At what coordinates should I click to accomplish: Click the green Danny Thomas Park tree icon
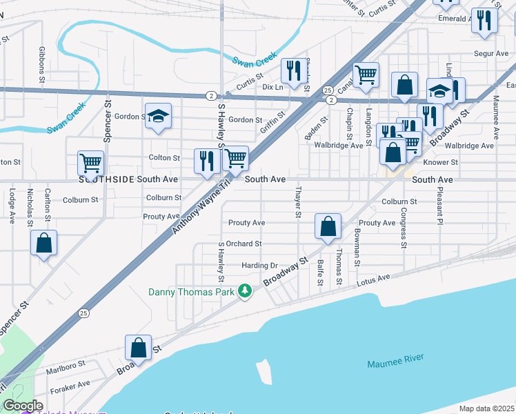click(244, 291)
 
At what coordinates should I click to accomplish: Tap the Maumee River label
click(395, 361)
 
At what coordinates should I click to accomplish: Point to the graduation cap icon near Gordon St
click(158, 116)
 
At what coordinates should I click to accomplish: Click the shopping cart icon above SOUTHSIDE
click(90, 164)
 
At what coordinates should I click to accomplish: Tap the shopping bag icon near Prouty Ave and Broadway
click(328, 226)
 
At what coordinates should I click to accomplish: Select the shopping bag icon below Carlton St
click(44, 242)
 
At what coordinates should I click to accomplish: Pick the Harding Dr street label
click(259, 266)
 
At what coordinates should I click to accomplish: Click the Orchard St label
click(244, 244)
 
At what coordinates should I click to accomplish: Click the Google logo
click(22, 406)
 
